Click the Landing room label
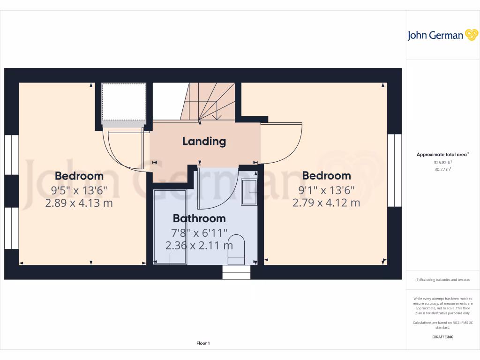click(x=204, y=141)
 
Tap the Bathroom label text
click(x=199, y=218)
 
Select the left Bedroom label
click(x=79, y=176)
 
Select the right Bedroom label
click(x=326, y=176)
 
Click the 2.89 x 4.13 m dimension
click(x=79, y=203)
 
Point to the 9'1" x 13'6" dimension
click(x=326, y=190)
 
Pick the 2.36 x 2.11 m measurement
click(x=199, y=245)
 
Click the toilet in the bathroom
click(x=237, y=251)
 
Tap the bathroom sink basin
click(x=248, y=192)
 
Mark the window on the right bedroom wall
click(x=395, y=171)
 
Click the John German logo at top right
click(x=442, y=35)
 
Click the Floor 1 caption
click(x=203, y=344)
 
